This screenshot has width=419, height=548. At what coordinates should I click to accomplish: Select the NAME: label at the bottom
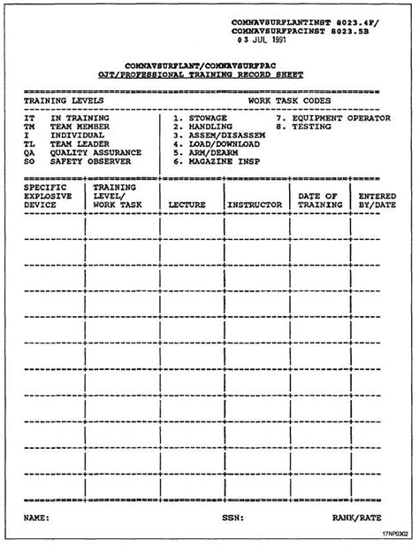36,516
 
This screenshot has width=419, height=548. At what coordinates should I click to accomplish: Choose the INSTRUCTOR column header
255,205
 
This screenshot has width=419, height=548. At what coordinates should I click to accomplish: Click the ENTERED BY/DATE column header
377,200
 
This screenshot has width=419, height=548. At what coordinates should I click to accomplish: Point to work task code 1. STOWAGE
201,118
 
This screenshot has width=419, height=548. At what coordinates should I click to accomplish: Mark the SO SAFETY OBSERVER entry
78,162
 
